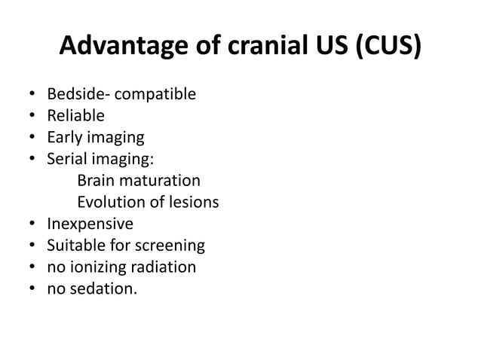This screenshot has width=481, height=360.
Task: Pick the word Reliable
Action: click(x=75, y=116)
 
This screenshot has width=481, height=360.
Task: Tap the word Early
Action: click(x=65, y=138)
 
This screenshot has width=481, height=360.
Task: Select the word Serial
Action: click(x=66, y=160)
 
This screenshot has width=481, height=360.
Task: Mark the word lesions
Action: click(x=192, y=203)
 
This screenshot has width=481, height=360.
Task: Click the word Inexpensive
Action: click(x=90, y=224)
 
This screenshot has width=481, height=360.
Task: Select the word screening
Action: click(x=170, y=246)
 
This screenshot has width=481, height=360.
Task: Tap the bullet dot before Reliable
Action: click(x=31, y=117)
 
